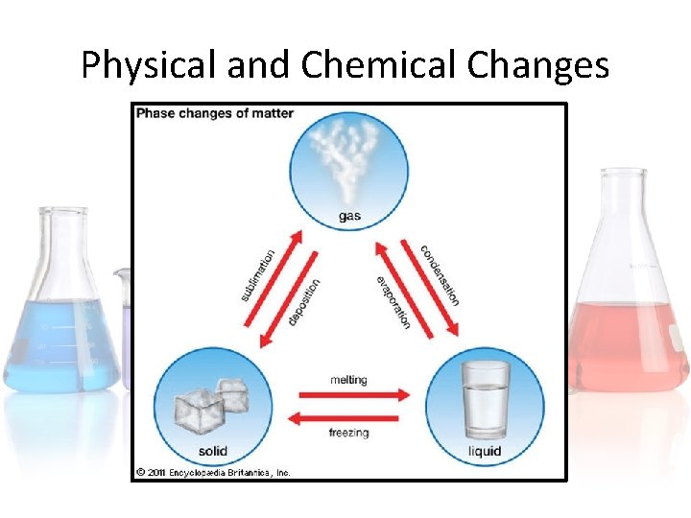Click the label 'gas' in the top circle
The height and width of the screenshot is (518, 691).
(350, 216)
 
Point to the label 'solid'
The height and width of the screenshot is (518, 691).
(212, 451)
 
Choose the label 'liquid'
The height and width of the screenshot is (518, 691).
(486, 451)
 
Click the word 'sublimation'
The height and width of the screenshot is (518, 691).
(258, 275)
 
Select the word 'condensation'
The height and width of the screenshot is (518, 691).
(440, 275)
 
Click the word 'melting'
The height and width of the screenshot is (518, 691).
(348, 380)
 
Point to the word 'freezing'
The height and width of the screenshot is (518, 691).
(348, 433)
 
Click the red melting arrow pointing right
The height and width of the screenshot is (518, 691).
(355, 394)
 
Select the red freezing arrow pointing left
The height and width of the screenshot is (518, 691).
(343, 418)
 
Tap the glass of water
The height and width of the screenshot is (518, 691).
(486, 398)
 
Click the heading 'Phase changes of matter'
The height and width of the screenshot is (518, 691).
(215, 114)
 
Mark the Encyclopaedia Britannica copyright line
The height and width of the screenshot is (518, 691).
(212, 472)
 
